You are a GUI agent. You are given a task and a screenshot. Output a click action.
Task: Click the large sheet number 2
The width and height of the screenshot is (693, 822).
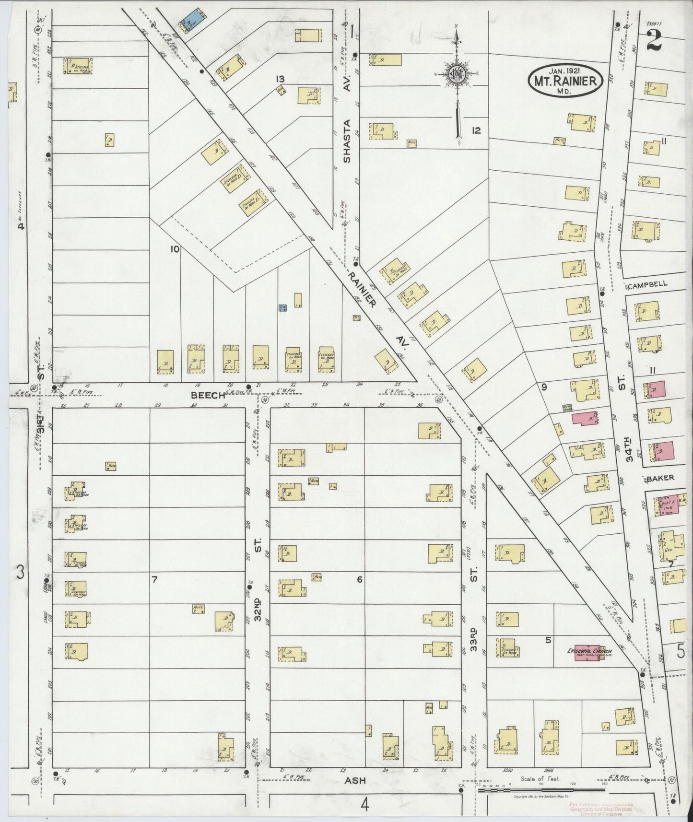click(654, 40)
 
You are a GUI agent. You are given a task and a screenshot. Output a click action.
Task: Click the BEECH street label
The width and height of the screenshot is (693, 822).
click(208, 395)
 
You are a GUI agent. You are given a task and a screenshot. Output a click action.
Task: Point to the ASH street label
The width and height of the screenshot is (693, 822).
click(355, 780)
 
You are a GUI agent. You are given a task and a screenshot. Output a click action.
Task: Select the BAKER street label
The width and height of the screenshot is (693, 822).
click(660, 478)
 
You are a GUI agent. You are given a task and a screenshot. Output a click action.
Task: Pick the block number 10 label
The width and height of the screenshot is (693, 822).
click(174, 249)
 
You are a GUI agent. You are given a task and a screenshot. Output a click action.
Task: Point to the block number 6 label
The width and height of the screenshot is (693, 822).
click(359, 580)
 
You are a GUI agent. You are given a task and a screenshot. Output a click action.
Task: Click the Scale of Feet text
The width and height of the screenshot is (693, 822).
click(540, 779)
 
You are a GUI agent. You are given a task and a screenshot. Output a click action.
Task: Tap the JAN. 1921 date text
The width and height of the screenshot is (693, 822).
click(564, 71)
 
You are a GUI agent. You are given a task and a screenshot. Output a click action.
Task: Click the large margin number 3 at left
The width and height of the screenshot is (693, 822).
click(20, 572)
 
